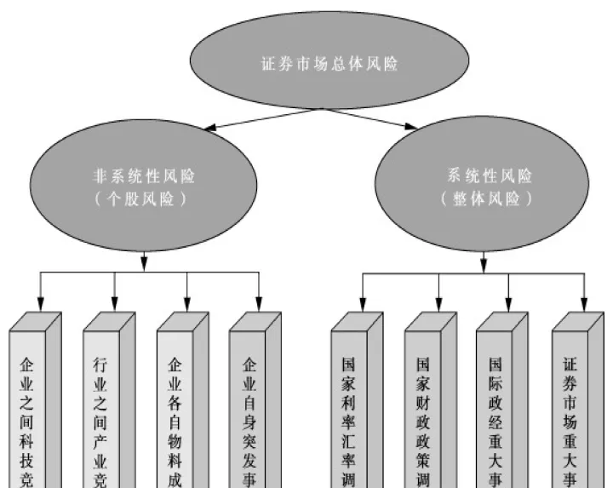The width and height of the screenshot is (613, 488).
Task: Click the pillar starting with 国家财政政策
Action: (x=423, y=409)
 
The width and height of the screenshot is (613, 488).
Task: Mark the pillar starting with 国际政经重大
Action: (x=496, y=409)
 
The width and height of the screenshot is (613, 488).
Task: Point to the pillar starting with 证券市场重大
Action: (x=570, y=409)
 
